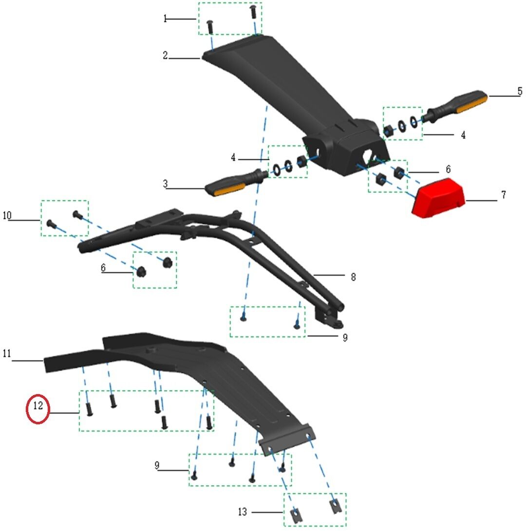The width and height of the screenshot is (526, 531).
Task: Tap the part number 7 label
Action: point(503,195)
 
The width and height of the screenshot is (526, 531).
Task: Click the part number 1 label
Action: point(165,19)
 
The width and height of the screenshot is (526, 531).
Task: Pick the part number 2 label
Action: point(166,56)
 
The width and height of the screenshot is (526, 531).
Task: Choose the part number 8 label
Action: point(353,277)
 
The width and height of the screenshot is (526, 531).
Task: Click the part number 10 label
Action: point(7,215)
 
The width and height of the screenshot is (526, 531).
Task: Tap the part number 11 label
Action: point(7,354)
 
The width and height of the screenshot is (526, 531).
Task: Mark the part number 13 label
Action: point(243,512)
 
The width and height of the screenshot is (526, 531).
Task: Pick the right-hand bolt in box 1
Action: point(253,11)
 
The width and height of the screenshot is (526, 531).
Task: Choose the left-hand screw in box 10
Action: point(50,225)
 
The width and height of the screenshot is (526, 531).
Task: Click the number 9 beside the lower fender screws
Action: point(157,465)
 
